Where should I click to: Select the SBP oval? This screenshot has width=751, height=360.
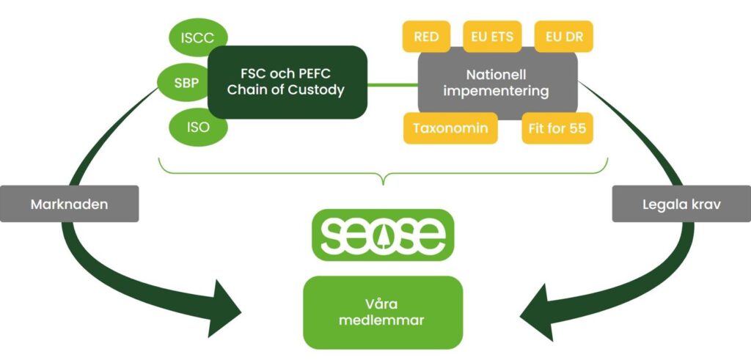coord(185,83)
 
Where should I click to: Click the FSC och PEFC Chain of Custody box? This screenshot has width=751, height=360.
coord(287,82)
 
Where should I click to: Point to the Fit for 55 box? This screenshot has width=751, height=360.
coord(557,128)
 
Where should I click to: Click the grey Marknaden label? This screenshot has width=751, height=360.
coord(69,204)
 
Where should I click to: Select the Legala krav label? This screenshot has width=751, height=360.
coord(681,204)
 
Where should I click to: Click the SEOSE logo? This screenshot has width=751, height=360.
coord(383,235)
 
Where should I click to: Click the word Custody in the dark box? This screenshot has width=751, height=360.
coord(316,90)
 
